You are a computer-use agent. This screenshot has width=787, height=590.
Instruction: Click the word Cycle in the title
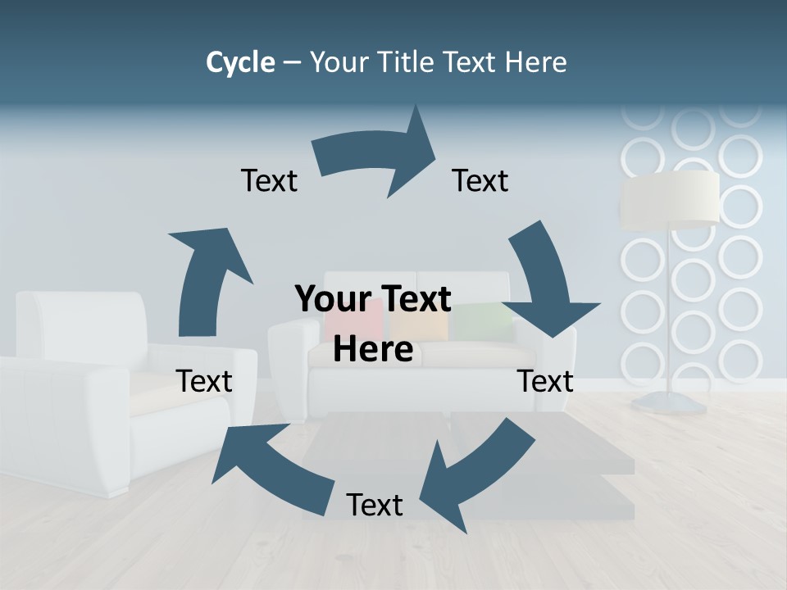point(240,62)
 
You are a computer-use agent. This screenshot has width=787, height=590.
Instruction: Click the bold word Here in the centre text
point(373,349)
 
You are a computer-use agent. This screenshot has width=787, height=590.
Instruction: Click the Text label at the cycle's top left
point(269,181)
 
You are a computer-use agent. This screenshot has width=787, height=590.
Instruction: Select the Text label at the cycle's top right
point(480,181)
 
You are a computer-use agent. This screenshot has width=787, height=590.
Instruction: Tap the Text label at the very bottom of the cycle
point(375,506)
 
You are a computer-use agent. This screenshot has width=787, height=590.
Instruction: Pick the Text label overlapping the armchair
point(204,381)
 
